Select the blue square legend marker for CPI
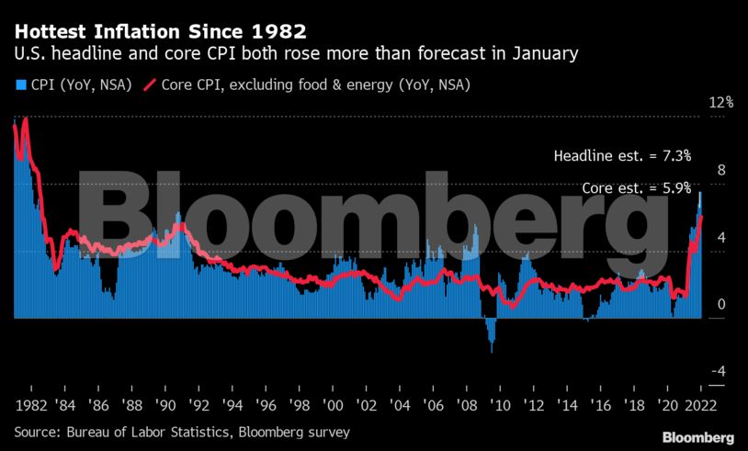click(x=19, y=85)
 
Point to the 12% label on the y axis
click(x=721, y=103)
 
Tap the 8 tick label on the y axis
click(x=721, y=170)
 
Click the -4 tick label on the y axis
click(x=720, y=371)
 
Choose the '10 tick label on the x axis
click(x=501, y=405)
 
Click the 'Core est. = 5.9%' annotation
click(x=636, y=188)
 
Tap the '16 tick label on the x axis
click(x=601, y=405)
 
